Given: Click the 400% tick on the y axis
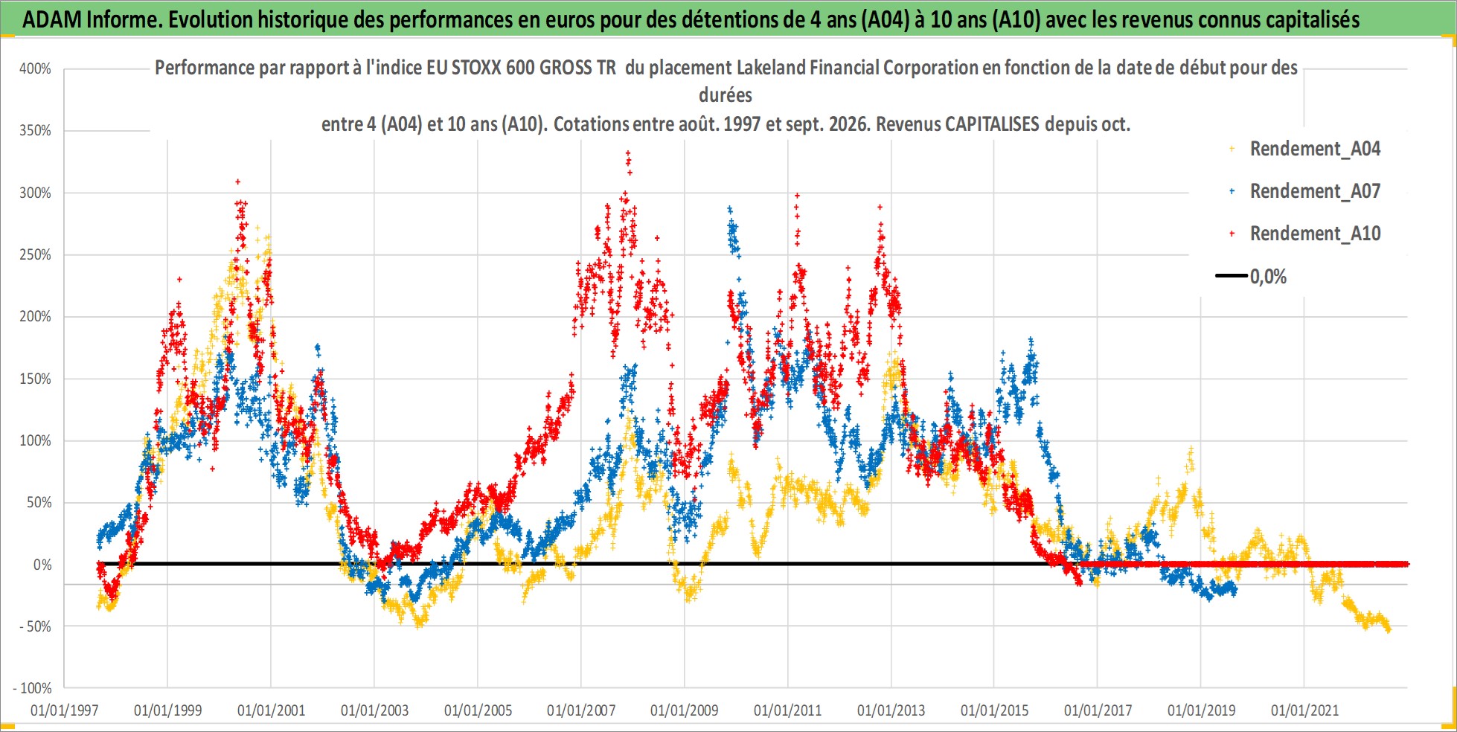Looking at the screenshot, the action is tap(35, 69).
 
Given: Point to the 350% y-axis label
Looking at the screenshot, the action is tap(35, 131).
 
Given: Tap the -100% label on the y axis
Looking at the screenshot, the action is tap(33, 688).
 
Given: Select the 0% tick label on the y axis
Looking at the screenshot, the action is tap(42, 565).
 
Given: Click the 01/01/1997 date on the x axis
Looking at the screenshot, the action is tap(64, 710).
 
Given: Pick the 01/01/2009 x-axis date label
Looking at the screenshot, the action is tap(684, 710).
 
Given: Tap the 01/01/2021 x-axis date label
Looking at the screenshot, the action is tap(1304, 710).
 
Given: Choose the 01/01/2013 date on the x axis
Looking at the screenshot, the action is tap(891, 710).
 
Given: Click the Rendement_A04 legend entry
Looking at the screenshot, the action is tap(1315, 149).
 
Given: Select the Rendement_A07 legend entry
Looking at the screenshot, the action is tap(1315, 191).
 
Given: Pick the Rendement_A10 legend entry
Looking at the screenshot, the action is tap(1315, 234).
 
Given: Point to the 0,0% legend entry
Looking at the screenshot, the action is tap(1268, 277).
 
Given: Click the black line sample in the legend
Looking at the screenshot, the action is tap(1231, 276).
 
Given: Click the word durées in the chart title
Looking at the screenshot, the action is tap(726, 95).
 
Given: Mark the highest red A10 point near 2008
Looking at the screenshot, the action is tap(628, 152).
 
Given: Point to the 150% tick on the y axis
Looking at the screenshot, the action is tap(35, 379).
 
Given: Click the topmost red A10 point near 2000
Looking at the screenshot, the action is tap(237, 181).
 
